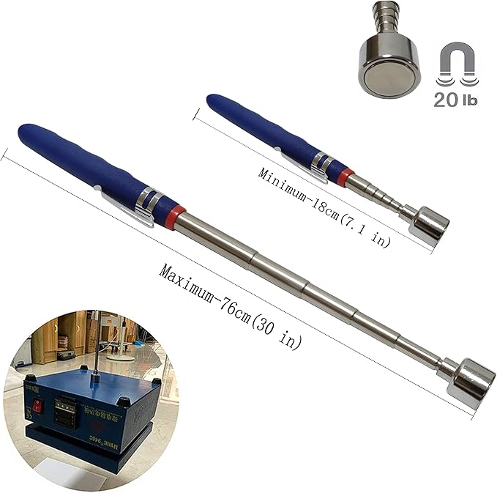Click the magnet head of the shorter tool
[431, 226]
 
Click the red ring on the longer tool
[171, 219]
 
